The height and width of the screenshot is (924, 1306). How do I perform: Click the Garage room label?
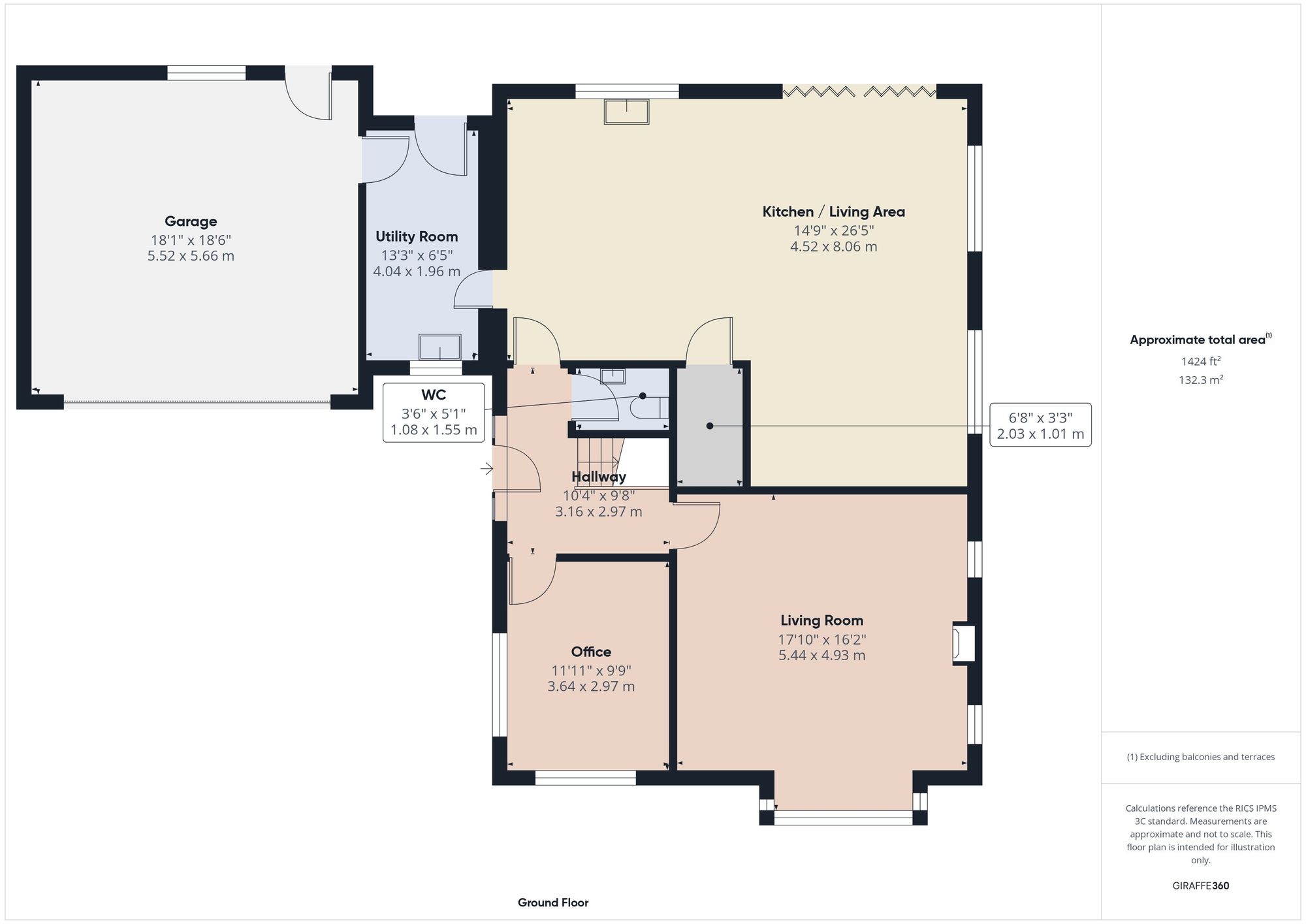coord(191,221)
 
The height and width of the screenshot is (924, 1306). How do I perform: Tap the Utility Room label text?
coord(417,236)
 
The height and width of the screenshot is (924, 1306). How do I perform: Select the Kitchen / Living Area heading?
coord(833,212)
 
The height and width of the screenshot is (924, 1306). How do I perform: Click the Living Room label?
coord(821,620)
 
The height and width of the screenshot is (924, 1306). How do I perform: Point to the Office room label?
coord(591,652)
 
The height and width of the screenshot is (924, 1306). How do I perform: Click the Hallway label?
coord(598,477)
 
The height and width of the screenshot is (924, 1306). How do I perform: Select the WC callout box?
coord(434,412)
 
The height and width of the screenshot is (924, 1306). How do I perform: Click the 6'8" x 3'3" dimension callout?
coord(1040,424)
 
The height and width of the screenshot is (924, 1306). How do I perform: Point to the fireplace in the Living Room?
coord(964,645)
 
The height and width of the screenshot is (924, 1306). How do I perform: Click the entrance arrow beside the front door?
coord(486,469)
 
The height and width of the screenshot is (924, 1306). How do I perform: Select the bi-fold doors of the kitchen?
coord(859,91)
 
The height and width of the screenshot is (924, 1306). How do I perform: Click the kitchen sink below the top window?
coord(627,111)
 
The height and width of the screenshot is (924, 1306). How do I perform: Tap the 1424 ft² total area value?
coord(1200,361)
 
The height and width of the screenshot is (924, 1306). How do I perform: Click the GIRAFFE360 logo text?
coord(1200,885)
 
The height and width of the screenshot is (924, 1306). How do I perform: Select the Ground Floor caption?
coord(553,902)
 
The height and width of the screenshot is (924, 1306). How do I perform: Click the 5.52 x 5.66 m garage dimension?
coord(191,256)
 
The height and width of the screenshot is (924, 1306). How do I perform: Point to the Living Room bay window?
coord(843,816)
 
